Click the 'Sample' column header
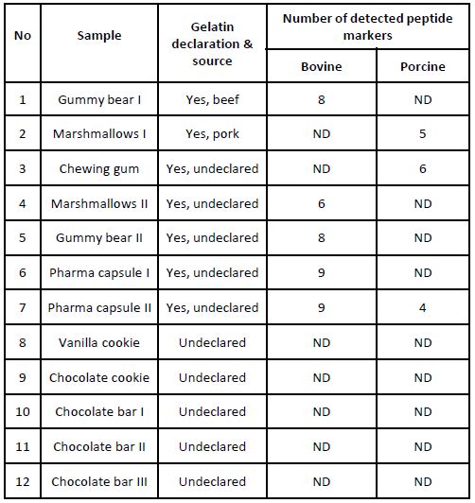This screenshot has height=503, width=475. pyautogui.click(x=99, y=36)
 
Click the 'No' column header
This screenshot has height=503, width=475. pyautogui.click(x=24, y=36)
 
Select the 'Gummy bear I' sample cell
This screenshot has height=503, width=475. pyautogui.click(x=99, y=99)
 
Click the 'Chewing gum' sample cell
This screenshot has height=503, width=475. pyautogui.click(x=99, y=168)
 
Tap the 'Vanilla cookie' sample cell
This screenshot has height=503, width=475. pyautogui.click(x=99, y=342)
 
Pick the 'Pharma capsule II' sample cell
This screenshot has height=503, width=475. pyautogui.click(x=99, y=307)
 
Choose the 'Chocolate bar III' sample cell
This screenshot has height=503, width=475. pyautogui.click(x=99, y=481)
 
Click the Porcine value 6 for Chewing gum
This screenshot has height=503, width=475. pyautogui.click(x=422, y=168)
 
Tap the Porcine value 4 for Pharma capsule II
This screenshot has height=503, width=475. pyautogui.click(x=422, y=307)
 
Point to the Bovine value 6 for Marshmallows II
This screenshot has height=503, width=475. pyautogui.click(x=321, y=203)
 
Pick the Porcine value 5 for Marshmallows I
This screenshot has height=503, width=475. pyautogui.click(x=422, y=134)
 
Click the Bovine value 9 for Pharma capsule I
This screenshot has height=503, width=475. pyautogui.click(x=321, y=272)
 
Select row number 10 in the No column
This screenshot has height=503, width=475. pyautogui.click(x=24, y=412)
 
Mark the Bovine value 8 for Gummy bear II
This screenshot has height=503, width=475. pyautogui.click(x=321, y=238)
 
